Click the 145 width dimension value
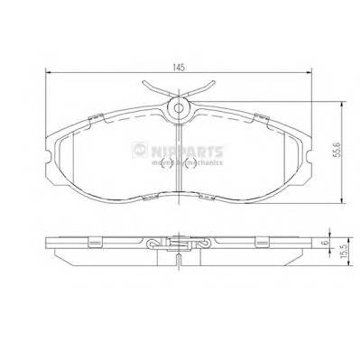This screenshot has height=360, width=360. [180, 67]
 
